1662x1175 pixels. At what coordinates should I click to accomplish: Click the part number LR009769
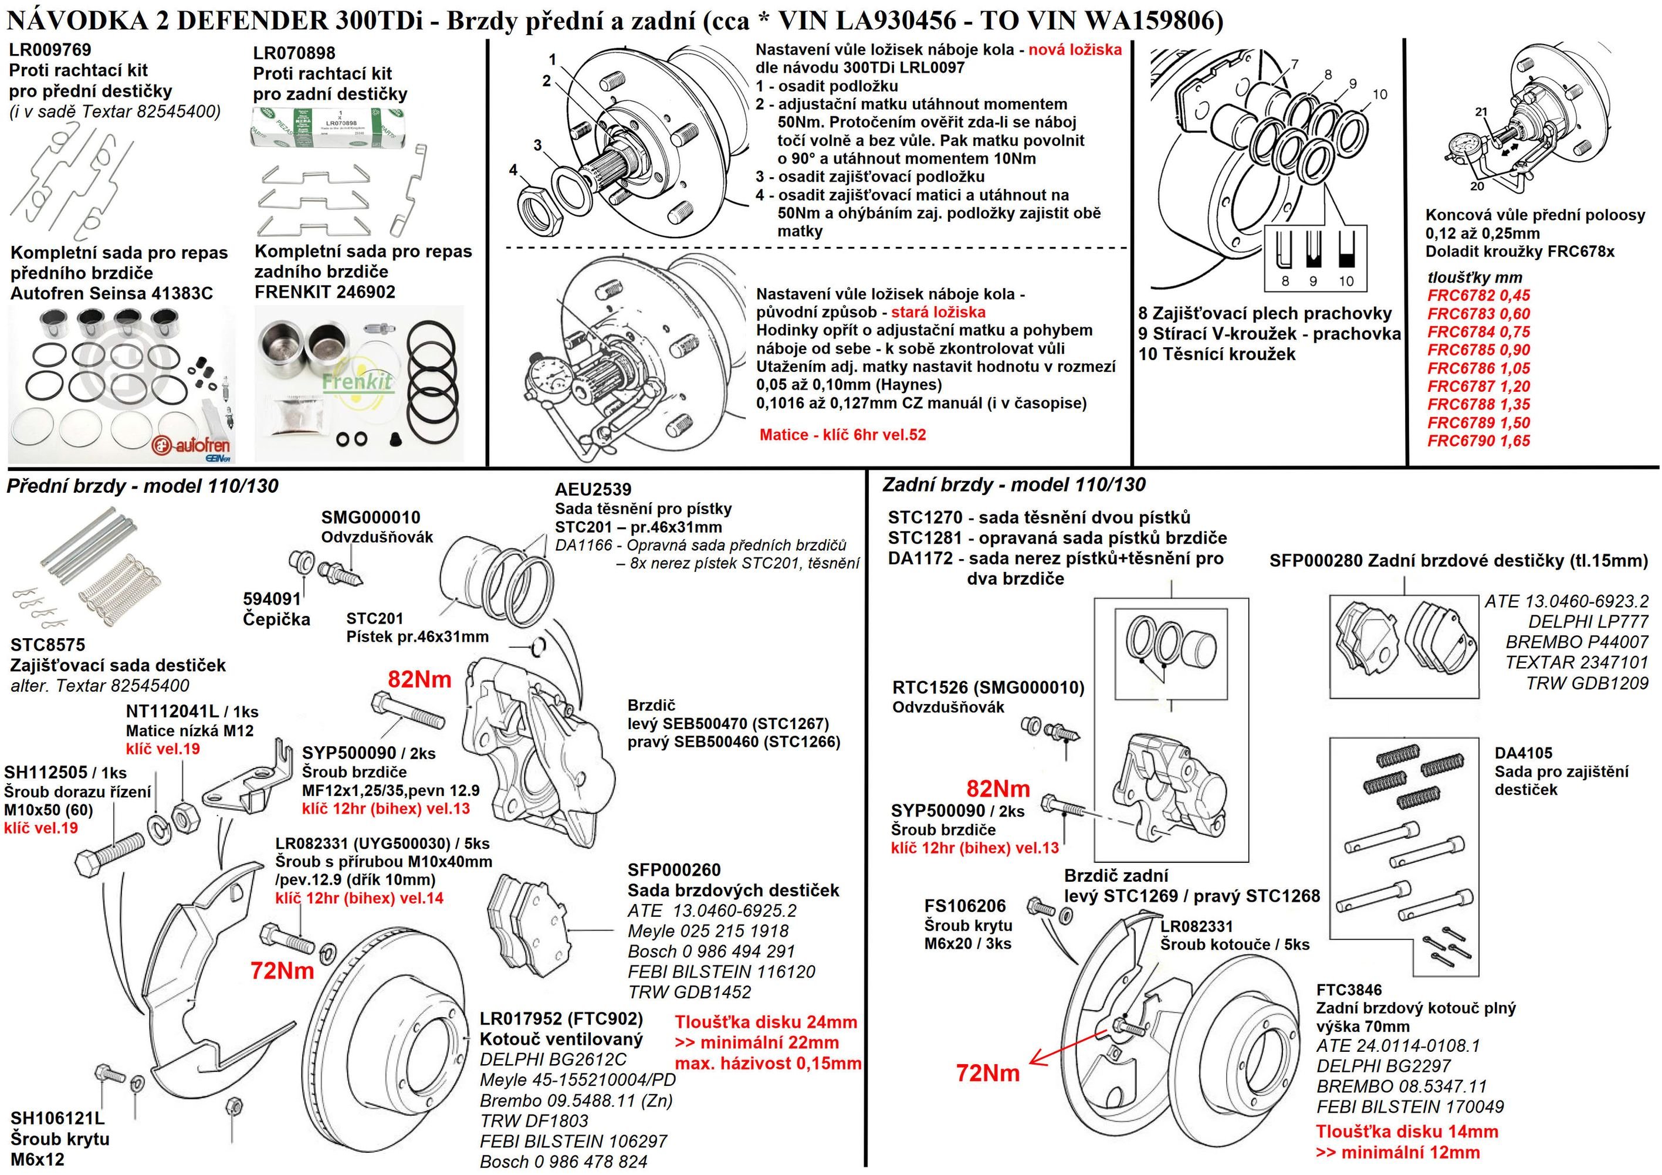coord(50,50)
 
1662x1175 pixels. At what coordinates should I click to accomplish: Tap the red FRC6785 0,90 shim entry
coord(1478,350)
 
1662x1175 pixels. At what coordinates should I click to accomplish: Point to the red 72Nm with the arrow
coord(987,1072)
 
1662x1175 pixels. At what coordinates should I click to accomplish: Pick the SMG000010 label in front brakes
coord(371,517)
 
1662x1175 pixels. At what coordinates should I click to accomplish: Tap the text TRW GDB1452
coord(689,992)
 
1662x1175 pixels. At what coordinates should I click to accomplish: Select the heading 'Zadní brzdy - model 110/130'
coord(1013,485)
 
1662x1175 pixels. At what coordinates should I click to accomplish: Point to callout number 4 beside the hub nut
coord(513,170)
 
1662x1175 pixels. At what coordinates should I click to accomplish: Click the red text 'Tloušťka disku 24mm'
coord(766,1022)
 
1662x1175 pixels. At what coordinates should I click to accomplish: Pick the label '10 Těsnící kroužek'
coord(1216,354)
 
